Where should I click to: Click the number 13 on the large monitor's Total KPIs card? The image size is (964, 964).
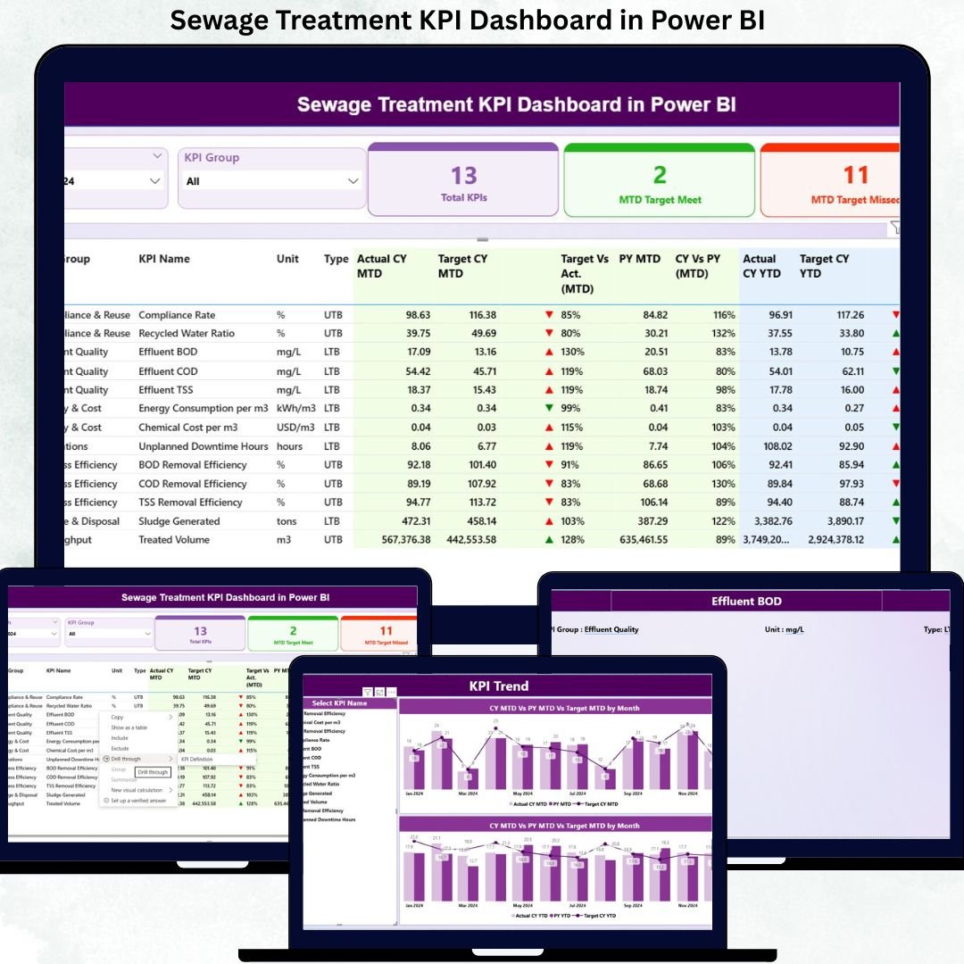[463, 175]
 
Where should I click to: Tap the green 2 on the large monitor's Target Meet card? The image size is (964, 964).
[660, 175]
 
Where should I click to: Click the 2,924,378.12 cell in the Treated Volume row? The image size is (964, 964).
[835, 540]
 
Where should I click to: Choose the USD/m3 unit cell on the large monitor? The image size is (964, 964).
[295, 428]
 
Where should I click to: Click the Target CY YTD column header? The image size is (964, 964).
[824, 266]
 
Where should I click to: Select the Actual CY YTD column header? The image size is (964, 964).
[760, 266]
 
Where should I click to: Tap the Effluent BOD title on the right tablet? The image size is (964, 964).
[746, 602]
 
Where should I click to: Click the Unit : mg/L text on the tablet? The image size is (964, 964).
[784, 629]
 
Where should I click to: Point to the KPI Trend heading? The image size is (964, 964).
[499, 686]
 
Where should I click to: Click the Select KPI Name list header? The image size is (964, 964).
[339, 703]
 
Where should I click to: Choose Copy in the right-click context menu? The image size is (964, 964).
[117, 717]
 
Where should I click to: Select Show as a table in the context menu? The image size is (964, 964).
[129, 727]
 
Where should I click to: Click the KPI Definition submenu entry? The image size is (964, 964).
[196, 759]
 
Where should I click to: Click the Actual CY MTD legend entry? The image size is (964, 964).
[530, 804]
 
